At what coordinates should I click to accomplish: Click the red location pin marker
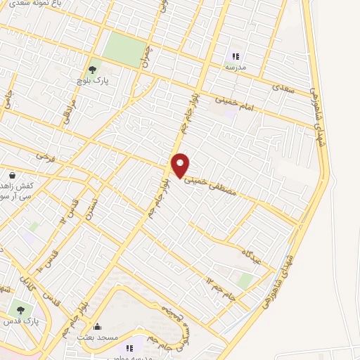pyautogui.click(x=181, y=165)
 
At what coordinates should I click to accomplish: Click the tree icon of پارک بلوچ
pyautogui.click(x=91, y=70)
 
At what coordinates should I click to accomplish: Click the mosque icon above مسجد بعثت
pyautogui.click(x=98, y=326)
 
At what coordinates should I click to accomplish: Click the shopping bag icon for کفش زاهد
pyautogui.click(x=12, y=175)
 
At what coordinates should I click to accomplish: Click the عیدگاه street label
pyautogui.click(x=251, y=255)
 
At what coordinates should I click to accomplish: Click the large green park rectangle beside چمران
pyautogui.click(x=124, y=50)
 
